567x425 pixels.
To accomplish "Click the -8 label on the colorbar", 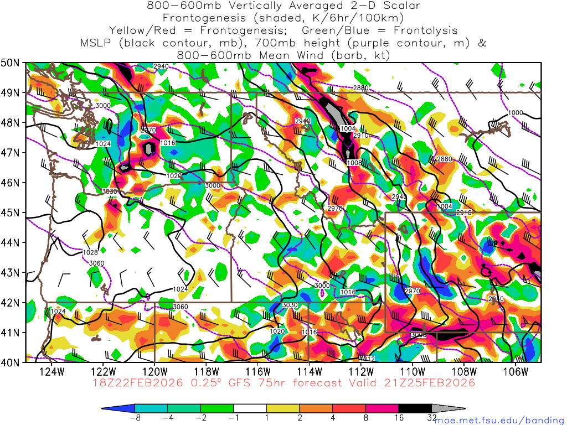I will [x=134, y=418].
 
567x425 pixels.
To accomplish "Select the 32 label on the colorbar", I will [x=432, y=418].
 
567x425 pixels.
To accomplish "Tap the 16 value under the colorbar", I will [x=399, y=418].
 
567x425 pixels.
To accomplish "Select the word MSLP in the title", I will [x=95, y=43].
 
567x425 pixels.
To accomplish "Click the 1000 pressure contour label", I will [x=516, y=113].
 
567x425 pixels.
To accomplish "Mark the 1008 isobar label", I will [x=354, y=163].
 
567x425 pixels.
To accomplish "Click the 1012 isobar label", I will [x=368, y=359].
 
